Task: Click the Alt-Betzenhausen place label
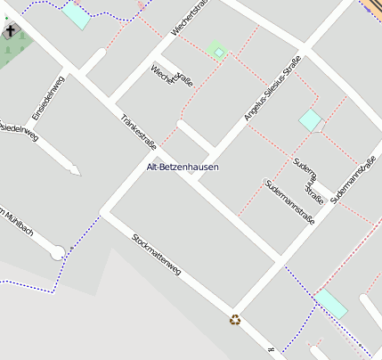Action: [x=183, y=168]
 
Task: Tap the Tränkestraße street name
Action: [x=137, y=133]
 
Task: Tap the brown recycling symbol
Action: [x=235, y=319]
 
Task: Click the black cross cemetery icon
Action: [x=11, y=32]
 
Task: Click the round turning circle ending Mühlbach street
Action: [x=59, y=253]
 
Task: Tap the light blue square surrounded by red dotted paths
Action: [x=310, y=119]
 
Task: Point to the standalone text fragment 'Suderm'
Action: [x=304, y=169]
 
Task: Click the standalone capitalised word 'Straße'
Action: [x=313, y=192]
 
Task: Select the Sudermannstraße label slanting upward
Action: [x=354, y=181]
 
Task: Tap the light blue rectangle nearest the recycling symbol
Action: [x=331, y=303]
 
